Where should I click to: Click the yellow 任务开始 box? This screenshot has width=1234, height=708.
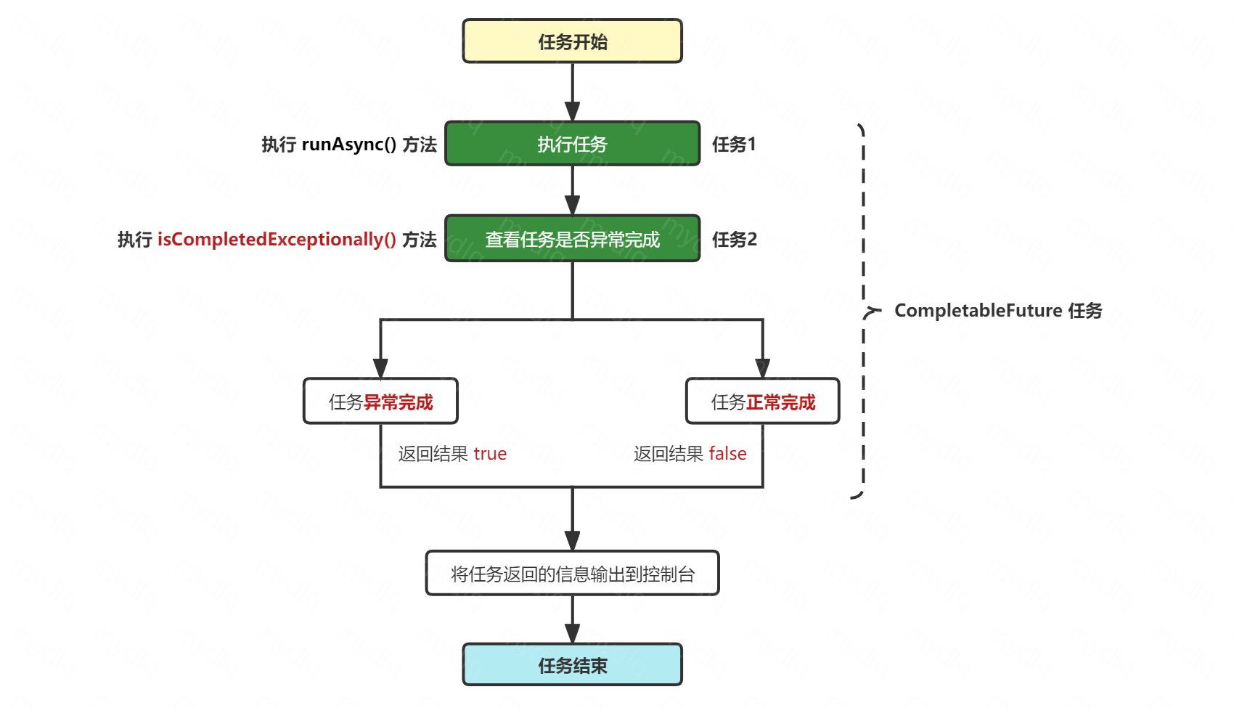tap(572, 41)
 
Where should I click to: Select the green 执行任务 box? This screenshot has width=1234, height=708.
tap(572, 144)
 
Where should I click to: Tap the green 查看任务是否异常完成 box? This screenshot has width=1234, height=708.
tap(572, 238)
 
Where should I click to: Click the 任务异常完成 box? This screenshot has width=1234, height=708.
tap(380, 401)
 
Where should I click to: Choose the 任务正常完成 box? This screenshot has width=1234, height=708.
tap(762, 401)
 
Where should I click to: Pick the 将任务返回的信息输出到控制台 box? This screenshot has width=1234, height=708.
tap(572, 574)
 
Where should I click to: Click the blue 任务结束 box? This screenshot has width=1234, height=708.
tap(572, 664)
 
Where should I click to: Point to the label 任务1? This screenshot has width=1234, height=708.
tap(734, 145)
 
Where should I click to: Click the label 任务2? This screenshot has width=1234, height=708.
tap(735, 239)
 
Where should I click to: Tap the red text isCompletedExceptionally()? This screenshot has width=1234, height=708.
tap(277, 239)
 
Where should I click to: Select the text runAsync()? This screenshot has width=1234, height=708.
tap(348, 145)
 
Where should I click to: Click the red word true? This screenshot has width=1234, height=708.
tap(490, 454)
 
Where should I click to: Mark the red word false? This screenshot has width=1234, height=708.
tap(727, 454)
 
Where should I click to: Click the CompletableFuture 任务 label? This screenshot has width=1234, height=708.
tap(998, 311)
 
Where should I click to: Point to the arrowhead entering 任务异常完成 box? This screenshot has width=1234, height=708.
tap(380, 368)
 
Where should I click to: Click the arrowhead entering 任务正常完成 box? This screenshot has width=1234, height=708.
tap(762, 368)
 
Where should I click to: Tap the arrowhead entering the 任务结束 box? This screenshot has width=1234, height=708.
tap(572, 633)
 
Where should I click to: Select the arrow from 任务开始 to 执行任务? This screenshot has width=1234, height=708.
tap(572, 91)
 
